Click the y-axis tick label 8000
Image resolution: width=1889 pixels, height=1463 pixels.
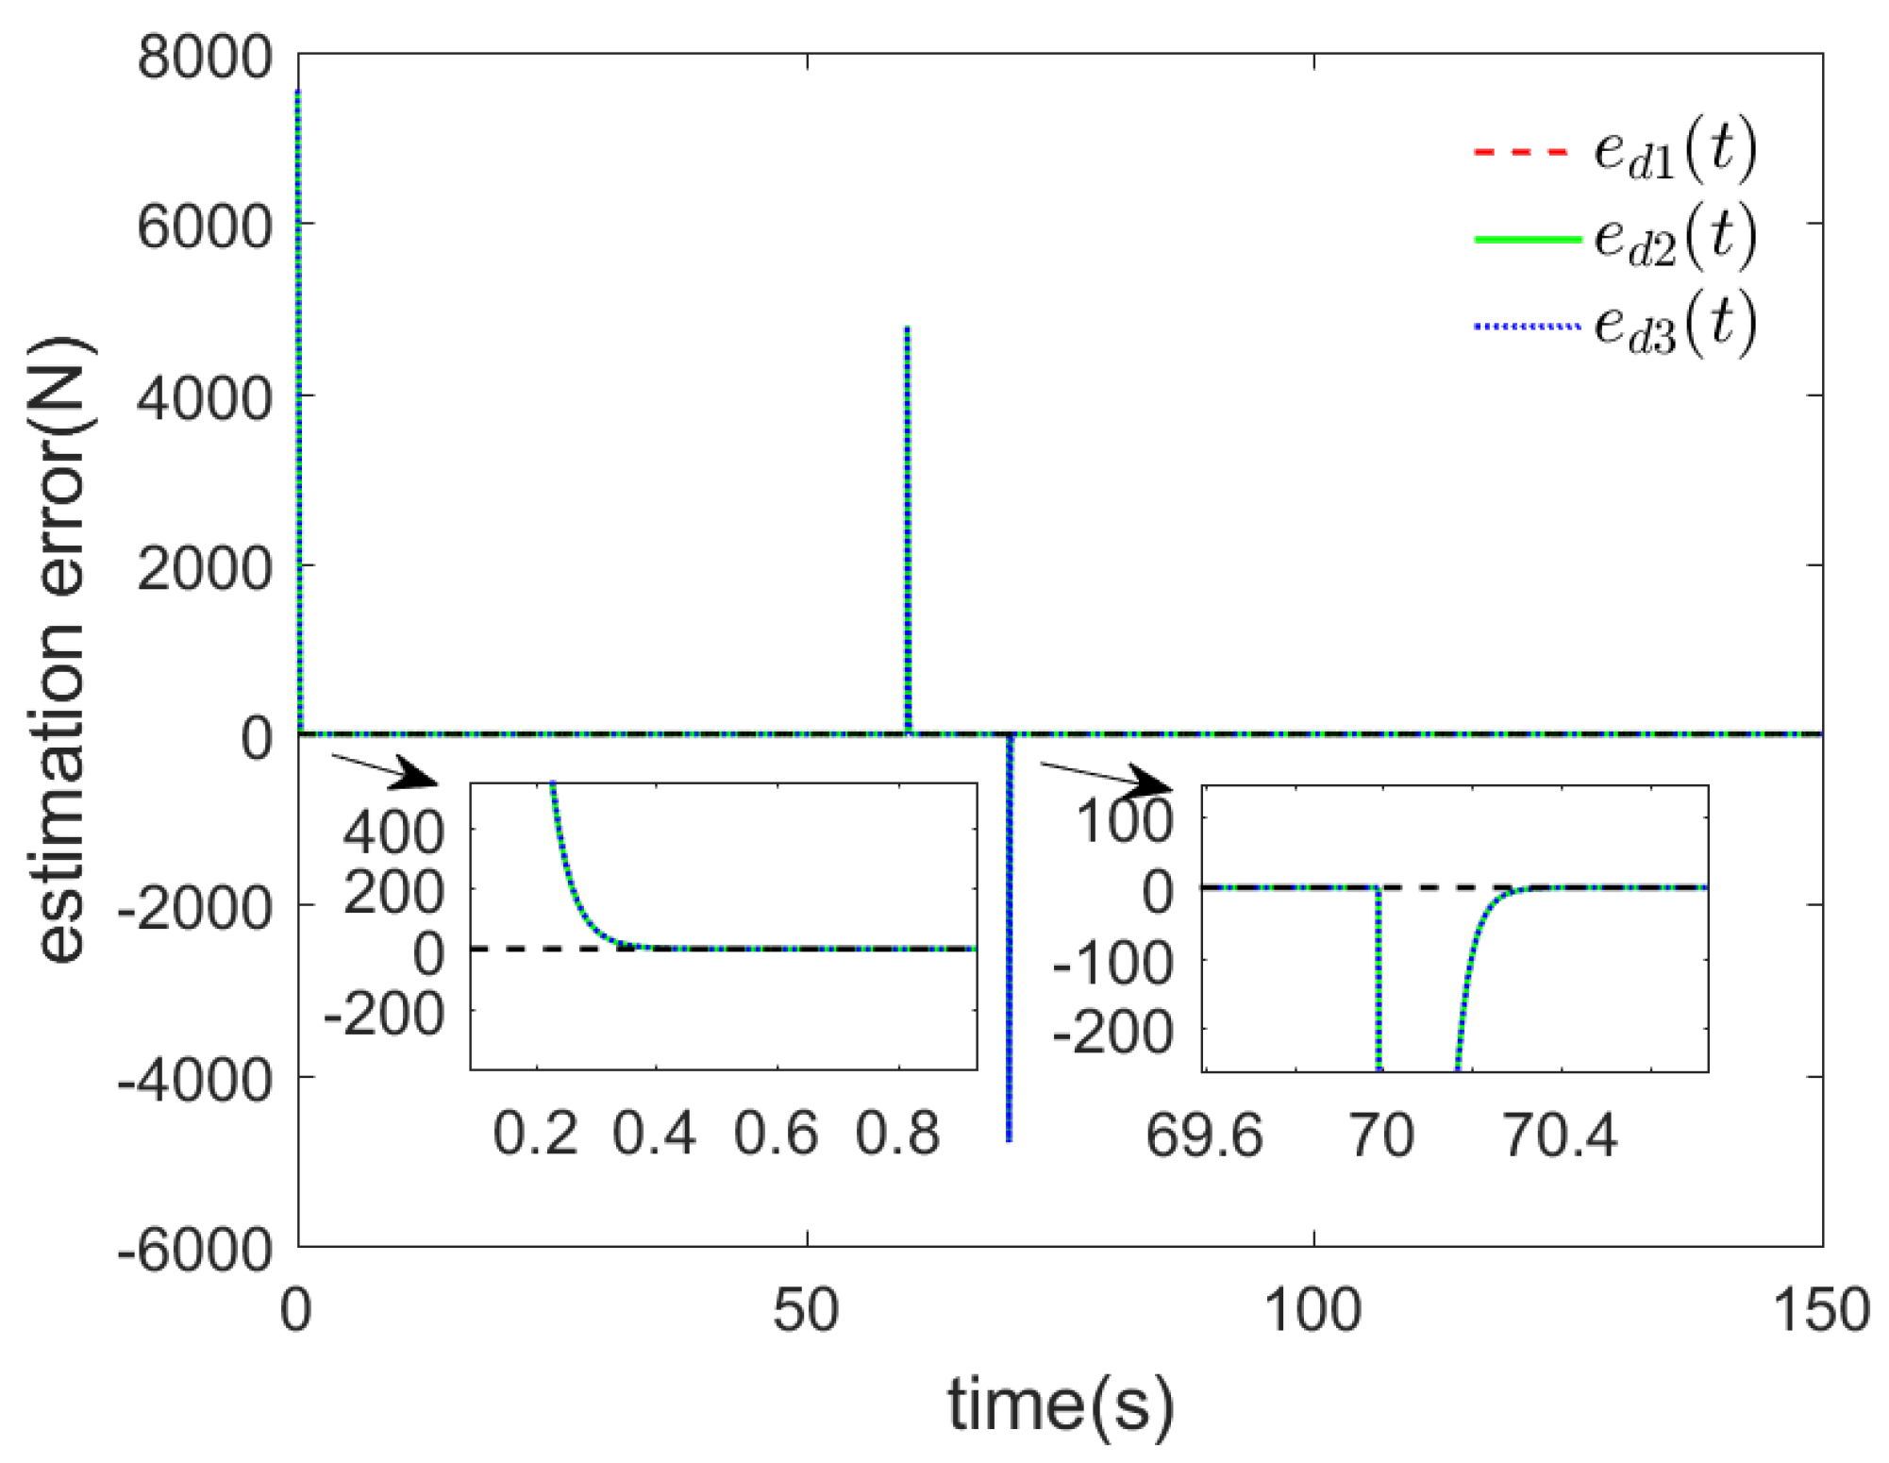point(205,59)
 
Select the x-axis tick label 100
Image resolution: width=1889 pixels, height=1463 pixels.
point(1312,1312)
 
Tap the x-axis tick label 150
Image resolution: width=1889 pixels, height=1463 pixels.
point(1821,1312)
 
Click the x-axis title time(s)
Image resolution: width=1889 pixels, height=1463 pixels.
point(1061,1404)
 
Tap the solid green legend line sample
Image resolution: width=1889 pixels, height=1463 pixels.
point(1526,240)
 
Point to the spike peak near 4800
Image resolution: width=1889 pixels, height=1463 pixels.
point(908,329)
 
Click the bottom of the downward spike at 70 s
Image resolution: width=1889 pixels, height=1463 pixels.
point(1010,1138)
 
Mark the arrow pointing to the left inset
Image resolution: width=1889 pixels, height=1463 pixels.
point(387,770)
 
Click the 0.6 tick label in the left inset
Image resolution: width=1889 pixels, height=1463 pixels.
point(776,1135)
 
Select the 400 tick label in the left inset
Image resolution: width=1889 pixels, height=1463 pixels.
point(393,834)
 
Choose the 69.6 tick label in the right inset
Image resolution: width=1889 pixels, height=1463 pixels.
point(1204,1136)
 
